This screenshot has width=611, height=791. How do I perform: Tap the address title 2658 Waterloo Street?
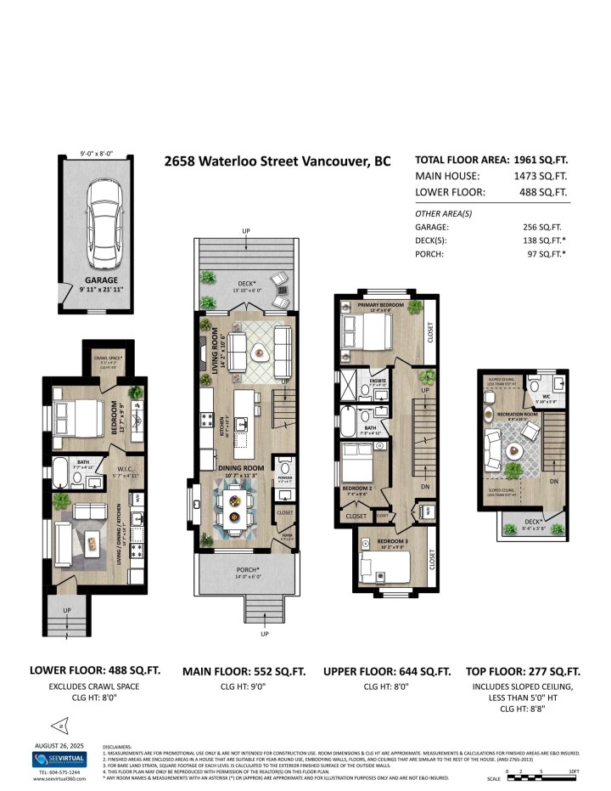click(277, 161)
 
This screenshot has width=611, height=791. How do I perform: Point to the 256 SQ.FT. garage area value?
click(543, 227)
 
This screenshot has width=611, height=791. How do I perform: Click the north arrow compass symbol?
click(59, 725)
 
